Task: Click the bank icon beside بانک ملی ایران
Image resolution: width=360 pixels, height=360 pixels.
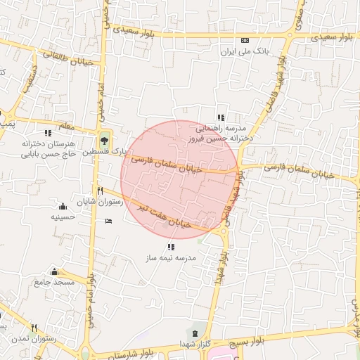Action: (x=245, y=41)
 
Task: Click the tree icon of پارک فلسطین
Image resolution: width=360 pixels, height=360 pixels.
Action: (x=104, y=139)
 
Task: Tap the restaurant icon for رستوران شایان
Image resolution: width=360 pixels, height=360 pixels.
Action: (x=101, y=191)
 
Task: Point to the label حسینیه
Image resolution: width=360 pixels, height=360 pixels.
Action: (x=63, y=217)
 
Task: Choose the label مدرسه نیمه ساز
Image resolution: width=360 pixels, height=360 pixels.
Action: (x=171, y=258)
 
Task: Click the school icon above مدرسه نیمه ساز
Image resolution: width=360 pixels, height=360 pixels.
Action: (x=171, y=247)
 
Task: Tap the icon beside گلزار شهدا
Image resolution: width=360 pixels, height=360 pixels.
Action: (x=194, y=332)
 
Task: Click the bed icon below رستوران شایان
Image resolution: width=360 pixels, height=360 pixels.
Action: (x=108, y=221)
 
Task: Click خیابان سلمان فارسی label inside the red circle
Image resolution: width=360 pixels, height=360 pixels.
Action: (x=167, y=165)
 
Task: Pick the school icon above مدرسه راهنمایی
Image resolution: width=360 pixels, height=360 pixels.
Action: (x=220, y=117)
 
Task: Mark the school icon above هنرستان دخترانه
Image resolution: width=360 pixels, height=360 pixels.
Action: (x=48, y=132)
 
